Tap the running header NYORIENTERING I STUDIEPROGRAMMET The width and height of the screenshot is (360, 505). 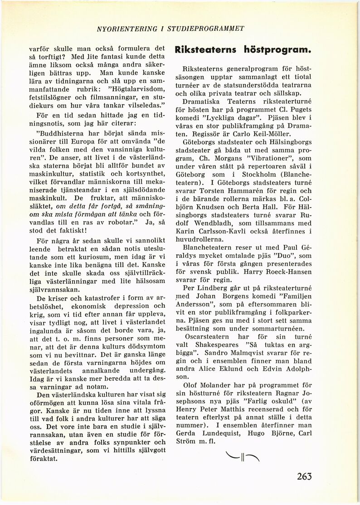170,29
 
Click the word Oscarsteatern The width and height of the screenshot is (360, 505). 210,334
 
